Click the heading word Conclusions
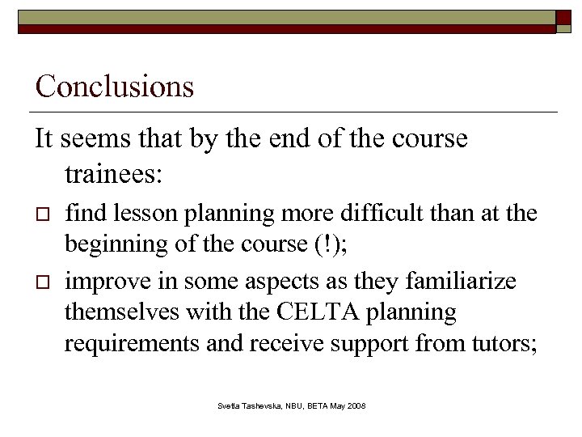(x=115, y=87)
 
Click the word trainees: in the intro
(x=120, y=172)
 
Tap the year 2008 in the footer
(x=355, y=405)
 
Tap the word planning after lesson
(x=224, y=213)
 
